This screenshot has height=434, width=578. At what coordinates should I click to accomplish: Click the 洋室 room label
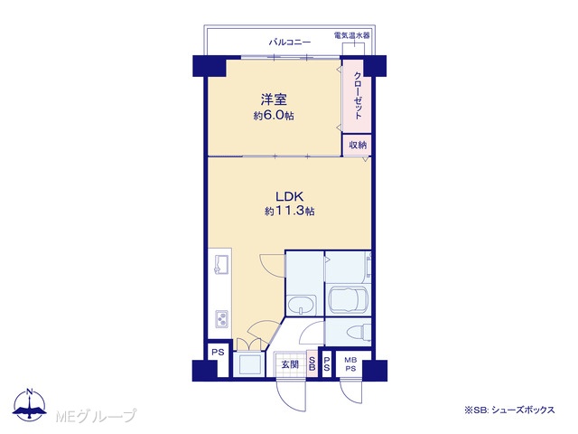[x=274, y=99]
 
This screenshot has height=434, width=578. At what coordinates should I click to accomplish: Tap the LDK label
[x=289, y=196]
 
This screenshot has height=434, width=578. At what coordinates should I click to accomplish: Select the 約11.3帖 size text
[x=289, y=212]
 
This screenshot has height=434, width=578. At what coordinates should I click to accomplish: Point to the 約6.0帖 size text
[x=274, y=116]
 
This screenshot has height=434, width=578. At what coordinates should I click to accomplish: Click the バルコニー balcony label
[x=290, y=42]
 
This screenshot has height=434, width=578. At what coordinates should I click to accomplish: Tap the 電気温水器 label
[x=351, y=35]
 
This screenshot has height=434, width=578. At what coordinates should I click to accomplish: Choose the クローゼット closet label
[x=358, y=95]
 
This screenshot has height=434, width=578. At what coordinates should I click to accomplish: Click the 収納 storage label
[x=358, y=146]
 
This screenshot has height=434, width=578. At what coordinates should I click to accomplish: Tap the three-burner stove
[x=221, y=318]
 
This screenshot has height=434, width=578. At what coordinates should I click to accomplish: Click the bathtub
[x=348, y=300]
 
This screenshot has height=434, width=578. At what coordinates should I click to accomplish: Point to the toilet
[x=359, y=331]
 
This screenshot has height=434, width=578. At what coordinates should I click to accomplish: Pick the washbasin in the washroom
[x=302, y=306]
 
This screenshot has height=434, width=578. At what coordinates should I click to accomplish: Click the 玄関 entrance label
[x=290, y=364]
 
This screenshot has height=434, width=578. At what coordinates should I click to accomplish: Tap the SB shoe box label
[x=312, y=363]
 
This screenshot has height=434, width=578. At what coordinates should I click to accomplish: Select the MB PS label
[x=350, y=364]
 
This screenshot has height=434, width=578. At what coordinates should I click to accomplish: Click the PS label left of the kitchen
[x=218, y=352]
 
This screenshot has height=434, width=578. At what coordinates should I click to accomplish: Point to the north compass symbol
[x=30, y=404]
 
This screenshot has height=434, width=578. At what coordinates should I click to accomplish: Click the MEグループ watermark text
[x=96, y=416]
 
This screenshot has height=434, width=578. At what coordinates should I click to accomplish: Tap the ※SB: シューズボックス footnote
[x=509, y=410]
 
